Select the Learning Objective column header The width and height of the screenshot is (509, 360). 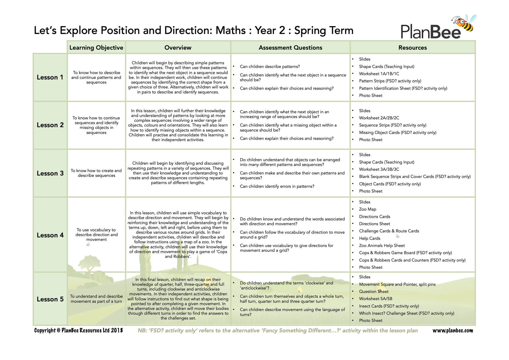pyautogui.click(x=96, y=48)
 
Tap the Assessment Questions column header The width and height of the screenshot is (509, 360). pyautogui.click(x=290, y=48)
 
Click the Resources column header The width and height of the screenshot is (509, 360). pyautogui.click(x=412, y=48)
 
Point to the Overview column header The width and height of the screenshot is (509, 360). pyautogui.click(x=178, y=48)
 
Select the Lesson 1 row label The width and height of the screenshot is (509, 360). pyautogui.click(x=50, y=77)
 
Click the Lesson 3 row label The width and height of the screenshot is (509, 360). pyautogui.click(x=50, y=173)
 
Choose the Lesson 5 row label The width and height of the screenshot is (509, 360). pyautogui.click(x=50, y=299)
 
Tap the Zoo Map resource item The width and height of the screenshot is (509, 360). pyautogui.click(x=367, y=209)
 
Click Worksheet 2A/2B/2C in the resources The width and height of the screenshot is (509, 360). pyautogui.click(x=379, y=118)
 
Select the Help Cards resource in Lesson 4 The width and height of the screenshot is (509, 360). pyautogui.click(x=370, y=239)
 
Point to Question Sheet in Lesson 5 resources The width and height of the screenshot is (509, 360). pyautogui.click(x=374, y=291)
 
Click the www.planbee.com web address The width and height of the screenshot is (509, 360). pyautogui.click(x=452, y=330)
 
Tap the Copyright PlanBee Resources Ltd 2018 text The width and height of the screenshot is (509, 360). pyautogui.click(x=78, y=330)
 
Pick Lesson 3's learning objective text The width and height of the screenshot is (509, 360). pyautogui.click(x=96, y=173)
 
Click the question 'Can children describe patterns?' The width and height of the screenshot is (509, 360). pyautogui.click(x=270, y=67)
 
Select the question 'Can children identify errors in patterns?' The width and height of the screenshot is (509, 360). pyautogui.click(x=277, y=186)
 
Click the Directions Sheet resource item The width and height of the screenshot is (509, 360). pyautogui.click(x=374, y=224)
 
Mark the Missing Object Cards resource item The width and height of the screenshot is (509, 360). pyautogui.click(x=397, y=133)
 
